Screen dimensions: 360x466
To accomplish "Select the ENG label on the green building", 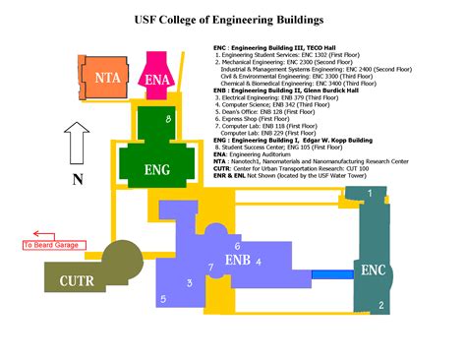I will coord(157,169).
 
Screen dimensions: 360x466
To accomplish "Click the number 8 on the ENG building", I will coord(170,119).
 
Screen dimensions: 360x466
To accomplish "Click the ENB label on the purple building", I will coord(238,262).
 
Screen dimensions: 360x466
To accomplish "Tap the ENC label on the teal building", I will coord(375,270).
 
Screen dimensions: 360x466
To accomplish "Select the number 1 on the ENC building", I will coord(370,194).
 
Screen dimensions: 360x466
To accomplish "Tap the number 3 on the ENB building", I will coord(189,282).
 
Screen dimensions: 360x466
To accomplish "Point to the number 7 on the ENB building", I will coord(209,267).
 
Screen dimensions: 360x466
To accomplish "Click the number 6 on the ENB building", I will coord(237,246).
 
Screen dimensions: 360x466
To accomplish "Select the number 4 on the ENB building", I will coord(259,262).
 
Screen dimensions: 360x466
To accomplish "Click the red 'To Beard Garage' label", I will coord(56,245).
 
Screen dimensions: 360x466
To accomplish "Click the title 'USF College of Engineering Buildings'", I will coord(232,19).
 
